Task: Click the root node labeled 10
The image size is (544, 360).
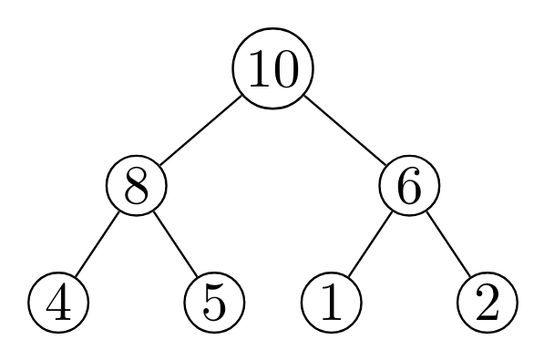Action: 272,69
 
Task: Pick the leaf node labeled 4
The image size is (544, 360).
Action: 59,301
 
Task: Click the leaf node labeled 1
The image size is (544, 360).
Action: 332,301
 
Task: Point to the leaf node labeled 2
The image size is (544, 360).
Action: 487,301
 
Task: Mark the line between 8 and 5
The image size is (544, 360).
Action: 175,243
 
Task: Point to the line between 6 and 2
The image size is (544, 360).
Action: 447,243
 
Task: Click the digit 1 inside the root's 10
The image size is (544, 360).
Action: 257,70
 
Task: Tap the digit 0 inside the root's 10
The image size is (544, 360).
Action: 285,70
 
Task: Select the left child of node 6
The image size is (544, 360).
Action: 332,301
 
